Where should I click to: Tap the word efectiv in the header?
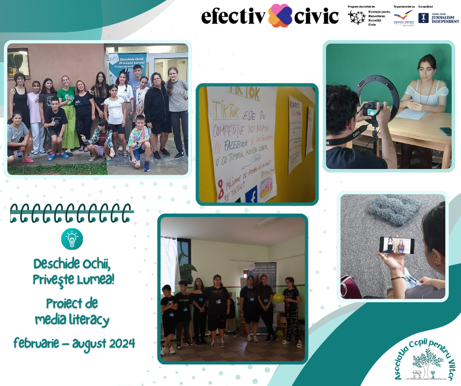point(233,16)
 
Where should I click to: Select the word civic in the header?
point(316,16)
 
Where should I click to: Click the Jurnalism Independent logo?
point(438,18)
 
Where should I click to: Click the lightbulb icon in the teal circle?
point(72,239)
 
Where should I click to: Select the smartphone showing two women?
point(396,245)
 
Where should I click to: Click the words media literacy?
point(72,320)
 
